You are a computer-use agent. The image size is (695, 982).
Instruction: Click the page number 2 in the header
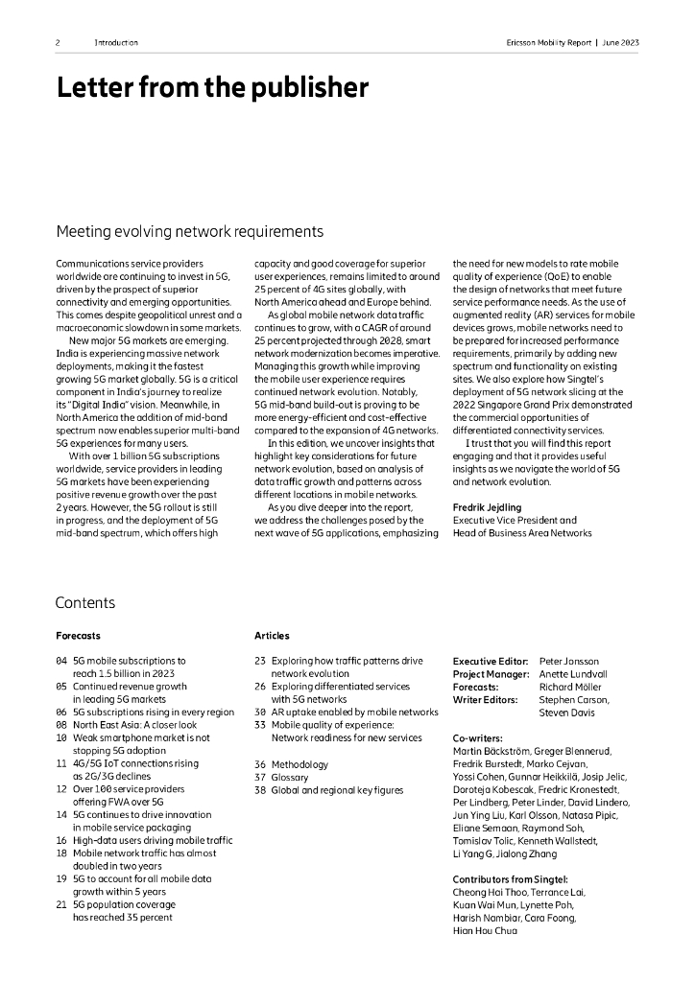click(x=58, y=43)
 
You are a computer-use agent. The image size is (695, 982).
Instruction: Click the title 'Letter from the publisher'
click(x=212, y=88)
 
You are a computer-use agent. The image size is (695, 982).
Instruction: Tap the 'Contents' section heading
click(x=85, y=602)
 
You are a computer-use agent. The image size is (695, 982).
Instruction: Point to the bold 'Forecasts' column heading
click(x=78, y=636)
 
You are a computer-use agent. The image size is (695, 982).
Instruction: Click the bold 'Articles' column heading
click(x=272, y=636)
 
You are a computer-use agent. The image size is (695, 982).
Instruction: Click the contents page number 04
click(x=61, y=661)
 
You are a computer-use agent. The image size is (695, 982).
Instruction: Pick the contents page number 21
click(x=61, y=904)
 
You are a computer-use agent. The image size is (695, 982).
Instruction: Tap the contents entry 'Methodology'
click(x=300, y=764)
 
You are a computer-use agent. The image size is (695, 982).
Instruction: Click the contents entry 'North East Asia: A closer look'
click(x=135, y=725)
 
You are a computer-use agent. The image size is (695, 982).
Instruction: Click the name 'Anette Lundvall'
click(x=574, y=674)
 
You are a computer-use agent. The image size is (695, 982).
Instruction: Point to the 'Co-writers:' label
click(x=477, y=738)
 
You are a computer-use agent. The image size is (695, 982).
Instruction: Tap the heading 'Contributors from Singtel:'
click(x=510, y=878)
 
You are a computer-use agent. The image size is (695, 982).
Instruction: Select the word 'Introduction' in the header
click(x=116, y=43)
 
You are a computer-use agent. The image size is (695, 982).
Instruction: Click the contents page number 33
click(x=260, y=725)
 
